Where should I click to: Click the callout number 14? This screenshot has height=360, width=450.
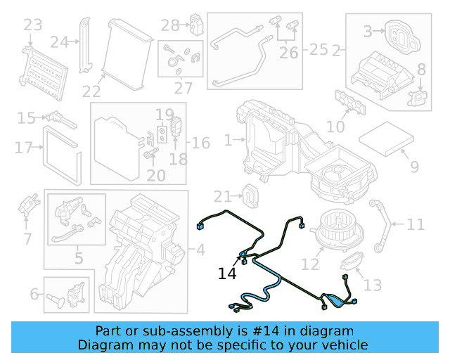227,274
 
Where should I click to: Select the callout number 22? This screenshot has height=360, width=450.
91,91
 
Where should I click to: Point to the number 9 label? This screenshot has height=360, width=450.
414,167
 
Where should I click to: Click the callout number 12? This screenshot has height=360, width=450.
310,264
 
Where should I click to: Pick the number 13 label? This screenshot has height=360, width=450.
373,285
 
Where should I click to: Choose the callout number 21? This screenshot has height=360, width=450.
222,196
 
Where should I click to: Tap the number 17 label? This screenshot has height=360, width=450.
23,148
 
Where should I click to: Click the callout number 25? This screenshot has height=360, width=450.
319,50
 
